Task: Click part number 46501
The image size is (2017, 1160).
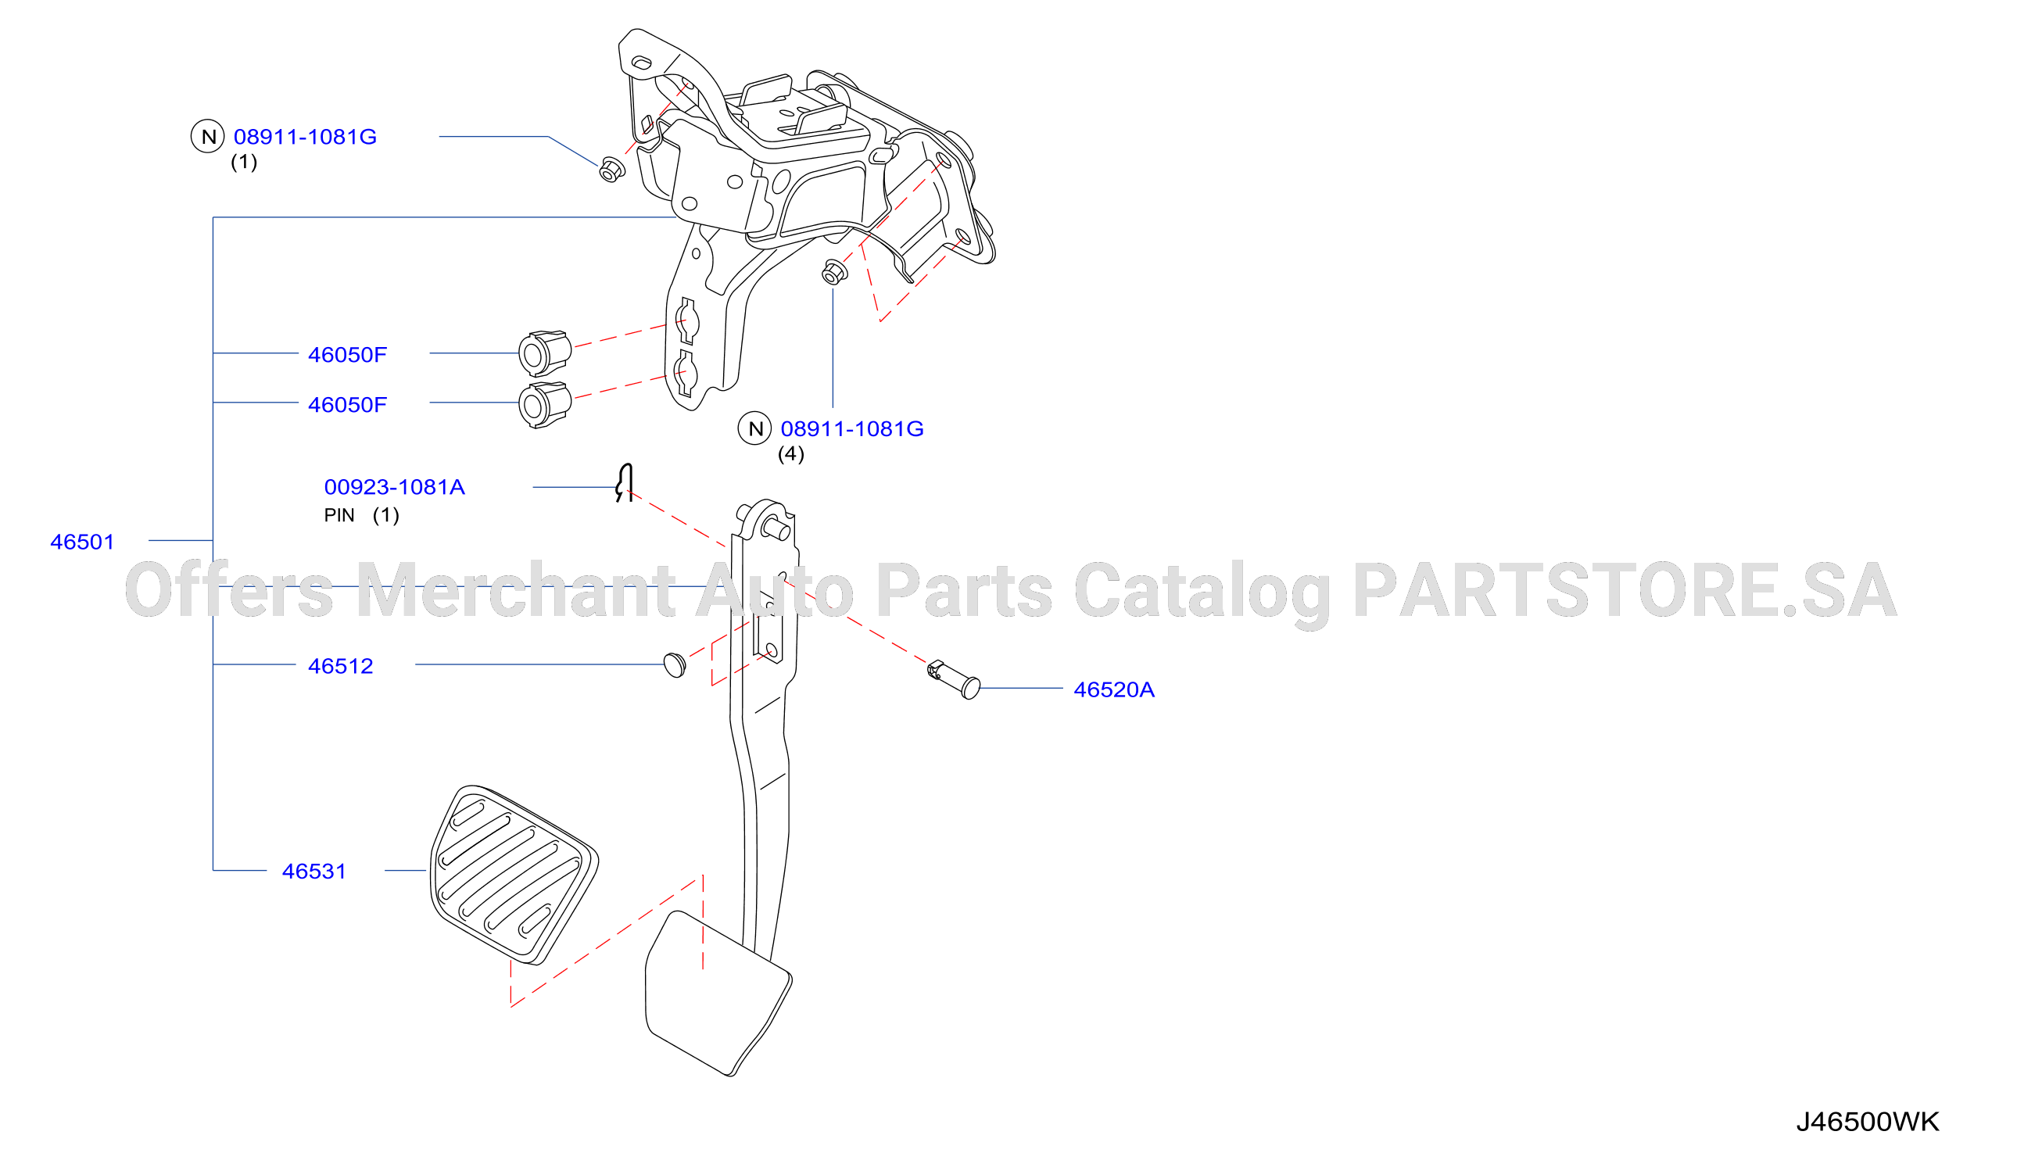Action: point(82,542)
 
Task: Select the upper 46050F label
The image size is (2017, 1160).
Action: point(347,355)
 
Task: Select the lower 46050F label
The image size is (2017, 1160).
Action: point(347,405)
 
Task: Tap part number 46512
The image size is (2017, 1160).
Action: point(340,666)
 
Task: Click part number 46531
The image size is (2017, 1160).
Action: point(313,872)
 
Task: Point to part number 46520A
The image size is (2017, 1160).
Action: point(1114,690)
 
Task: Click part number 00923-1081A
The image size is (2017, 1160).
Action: point(393,487)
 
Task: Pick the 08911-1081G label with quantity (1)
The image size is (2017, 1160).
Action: point(304,137)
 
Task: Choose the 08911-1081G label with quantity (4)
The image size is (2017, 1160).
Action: point(851,428)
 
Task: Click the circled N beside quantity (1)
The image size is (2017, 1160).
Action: point(208,136)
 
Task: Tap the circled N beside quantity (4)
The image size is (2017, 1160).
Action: point(754,428)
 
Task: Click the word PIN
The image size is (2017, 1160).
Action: point(339,515)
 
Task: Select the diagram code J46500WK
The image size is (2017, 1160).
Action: point(1867,1122)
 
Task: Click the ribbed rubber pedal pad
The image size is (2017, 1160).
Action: point(514,875)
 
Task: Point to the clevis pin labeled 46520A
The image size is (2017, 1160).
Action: point(955,679)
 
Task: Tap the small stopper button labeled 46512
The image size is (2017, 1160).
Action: point(675,664)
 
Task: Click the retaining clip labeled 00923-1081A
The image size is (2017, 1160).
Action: point(625,483)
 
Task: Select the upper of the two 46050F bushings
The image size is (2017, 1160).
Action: point(545,353)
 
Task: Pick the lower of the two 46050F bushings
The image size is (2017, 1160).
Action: point(545,405)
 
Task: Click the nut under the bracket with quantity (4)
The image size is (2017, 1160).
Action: point(834,272)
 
